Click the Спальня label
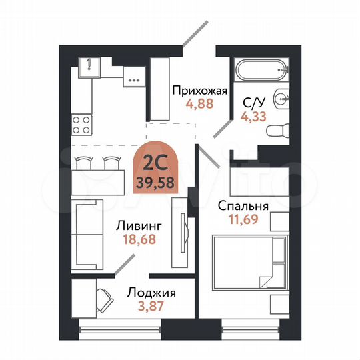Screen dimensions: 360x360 pos(243,205)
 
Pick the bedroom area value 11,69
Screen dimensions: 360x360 pos(243,219)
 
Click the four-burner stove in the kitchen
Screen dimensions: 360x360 pos(82,123)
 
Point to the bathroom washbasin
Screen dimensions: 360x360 pos(282,99)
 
